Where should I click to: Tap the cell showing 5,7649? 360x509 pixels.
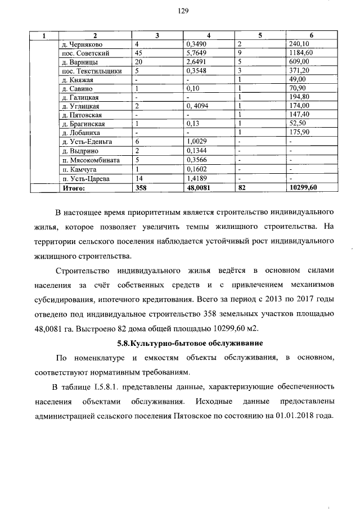pos(197,53)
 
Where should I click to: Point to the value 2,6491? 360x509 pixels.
pos(197,62)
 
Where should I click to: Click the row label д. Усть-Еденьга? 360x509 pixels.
pos(87,142)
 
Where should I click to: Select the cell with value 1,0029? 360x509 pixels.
pos(197,142)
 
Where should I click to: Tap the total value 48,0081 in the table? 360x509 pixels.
pos(199,188)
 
